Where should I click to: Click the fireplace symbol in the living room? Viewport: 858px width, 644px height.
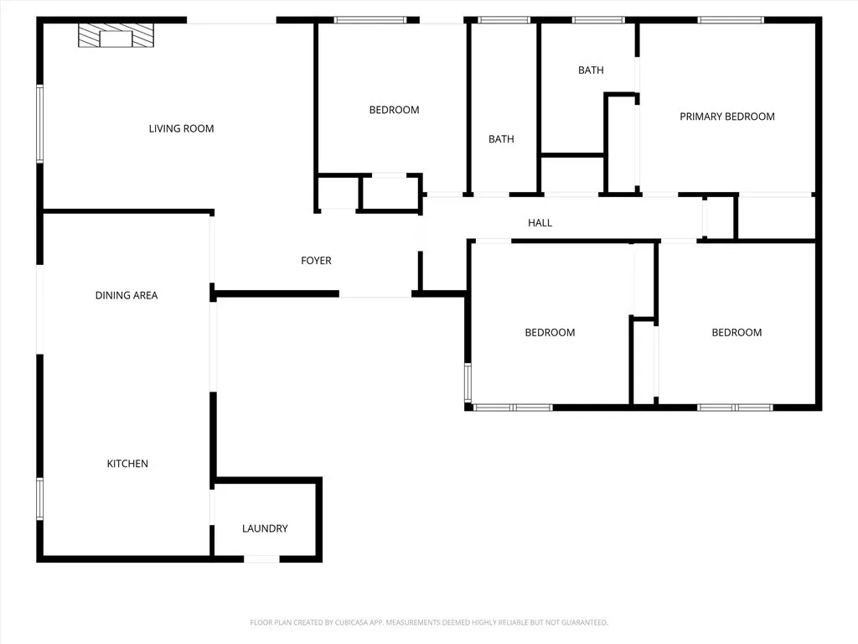point(116,36)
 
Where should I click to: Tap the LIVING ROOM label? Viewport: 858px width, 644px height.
point(181,128)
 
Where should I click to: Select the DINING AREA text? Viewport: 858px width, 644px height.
point(127,295)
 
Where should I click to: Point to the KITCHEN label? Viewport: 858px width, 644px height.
point(127,464)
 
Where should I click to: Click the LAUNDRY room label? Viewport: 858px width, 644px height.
point(265,528)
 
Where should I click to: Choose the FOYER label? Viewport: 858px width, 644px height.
point(316,261)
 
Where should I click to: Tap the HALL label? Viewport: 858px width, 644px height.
point(540,223)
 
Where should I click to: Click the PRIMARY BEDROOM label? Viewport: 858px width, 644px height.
point(726,117)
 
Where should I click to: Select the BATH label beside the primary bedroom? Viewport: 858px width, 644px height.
point(591,70)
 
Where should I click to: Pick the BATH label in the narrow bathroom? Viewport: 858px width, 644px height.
point(501,139)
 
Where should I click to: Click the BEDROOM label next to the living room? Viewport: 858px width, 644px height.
point(394,110)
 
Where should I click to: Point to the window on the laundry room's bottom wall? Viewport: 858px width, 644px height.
point(261,558)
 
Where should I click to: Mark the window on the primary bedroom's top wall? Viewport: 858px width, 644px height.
point(731,20)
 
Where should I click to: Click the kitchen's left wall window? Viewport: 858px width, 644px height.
point(39,498)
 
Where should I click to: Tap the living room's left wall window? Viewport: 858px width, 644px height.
point(39,123)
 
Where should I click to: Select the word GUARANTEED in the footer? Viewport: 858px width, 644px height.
point(584,622)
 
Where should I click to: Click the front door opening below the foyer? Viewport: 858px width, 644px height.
point(375,295)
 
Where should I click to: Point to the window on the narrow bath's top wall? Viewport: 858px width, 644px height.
point(504,20)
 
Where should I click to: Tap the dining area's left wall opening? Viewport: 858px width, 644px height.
point(39,310)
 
